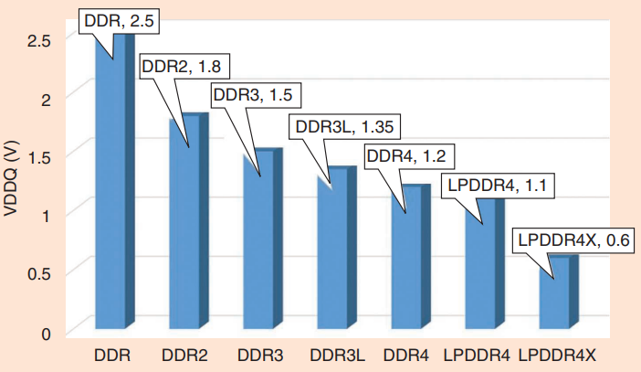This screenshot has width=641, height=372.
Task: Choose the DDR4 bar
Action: [406, 260]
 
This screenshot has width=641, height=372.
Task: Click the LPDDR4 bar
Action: [478, 265]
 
